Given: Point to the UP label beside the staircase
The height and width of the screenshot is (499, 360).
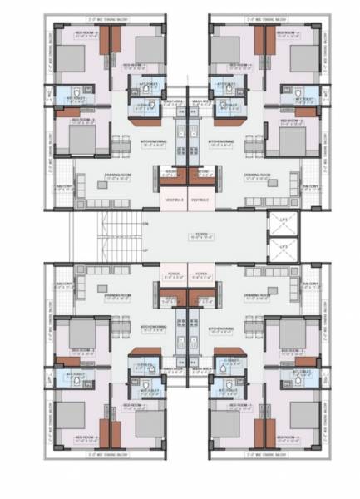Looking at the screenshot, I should (x=145, y=249).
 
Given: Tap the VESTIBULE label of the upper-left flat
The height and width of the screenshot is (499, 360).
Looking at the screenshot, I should (x=173, y=200).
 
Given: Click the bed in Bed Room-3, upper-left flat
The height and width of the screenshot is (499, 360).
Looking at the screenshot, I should (x=70, y=61).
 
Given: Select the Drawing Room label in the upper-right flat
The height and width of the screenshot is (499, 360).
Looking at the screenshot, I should (x=254, y=175).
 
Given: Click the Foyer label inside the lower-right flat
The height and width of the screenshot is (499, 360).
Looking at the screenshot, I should (x=200, y=272).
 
